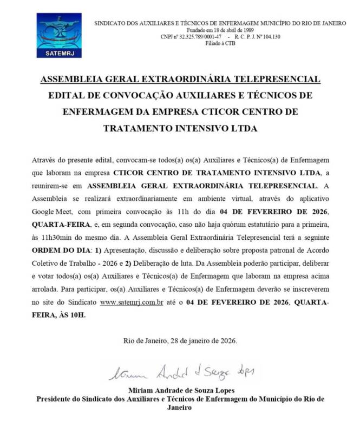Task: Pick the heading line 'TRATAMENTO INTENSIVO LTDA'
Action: (180, 129)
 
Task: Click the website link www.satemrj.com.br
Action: (132, 302)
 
